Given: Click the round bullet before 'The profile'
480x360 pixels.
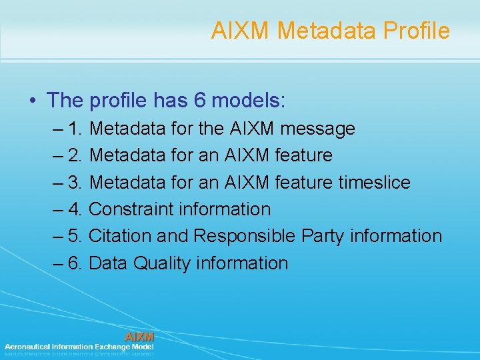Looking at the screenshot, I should point(33,101).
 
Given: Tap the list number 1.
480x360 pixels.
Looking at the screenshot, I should point(75,128).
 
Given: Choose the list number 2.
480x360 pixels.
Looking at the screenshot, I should point(75,155).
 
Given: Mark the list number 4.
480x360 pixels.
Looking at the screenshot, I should point(75,209).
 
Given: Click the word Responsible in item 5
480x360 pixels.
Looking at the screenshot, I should point(245,236).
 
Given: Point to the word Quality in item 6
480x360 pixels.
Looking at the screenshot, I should point(162,263).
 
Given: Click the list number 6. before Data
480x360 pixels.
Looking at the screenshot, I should point(75,263).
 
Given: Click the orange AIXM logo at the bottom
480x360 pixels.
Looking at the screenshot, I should point(139,337).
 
